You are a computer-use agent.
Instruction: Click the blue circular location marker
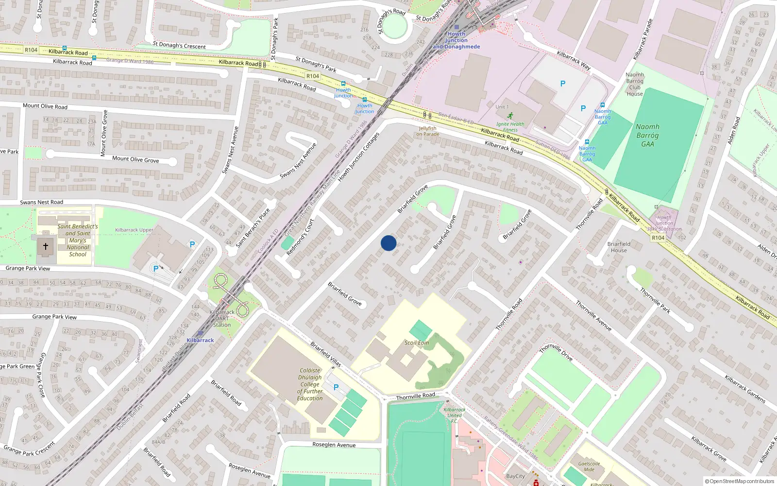[388, 243]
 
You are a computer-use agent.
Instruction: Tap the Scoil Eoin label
[417, 343]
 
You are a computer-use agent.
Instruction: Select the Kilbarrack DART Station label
[222, 318]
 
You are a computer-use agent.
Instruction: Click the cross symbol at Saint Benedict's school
[46, 246]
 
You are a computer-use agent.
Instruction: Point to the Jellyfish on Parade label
[428, 131]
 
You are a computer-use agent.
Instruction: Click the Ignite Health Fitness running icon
[510, 116]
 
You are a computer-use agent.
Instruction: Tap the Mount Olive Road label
[45, 106]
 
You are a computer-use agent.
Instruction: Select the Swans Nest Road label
[42, 202]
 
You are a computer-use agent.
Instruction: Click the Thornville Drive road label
[557, 352]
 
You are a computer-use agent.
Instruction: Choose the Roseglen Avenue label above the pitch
[334, 445]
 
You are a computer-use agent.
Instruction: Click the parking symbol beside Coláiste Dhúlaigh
[336, 387]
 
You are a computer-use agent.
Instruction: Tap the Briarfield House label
[619, 247]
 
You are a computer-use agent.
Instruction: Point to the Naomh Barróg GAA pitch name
[648, 135]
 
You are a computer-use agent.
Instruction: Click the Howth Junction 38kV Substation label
[664, 223]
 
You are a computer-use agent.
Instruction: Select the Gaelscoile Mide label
[589, 467]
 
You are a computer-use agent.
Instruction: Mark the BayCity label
[515, 476]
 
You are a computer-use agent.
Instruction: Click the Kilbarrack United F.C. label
[455, 415]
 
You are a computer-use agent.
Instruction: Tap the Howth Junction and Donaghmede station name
[456, 40]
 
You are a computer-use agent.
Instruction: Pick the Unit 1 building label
[502, 107]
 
